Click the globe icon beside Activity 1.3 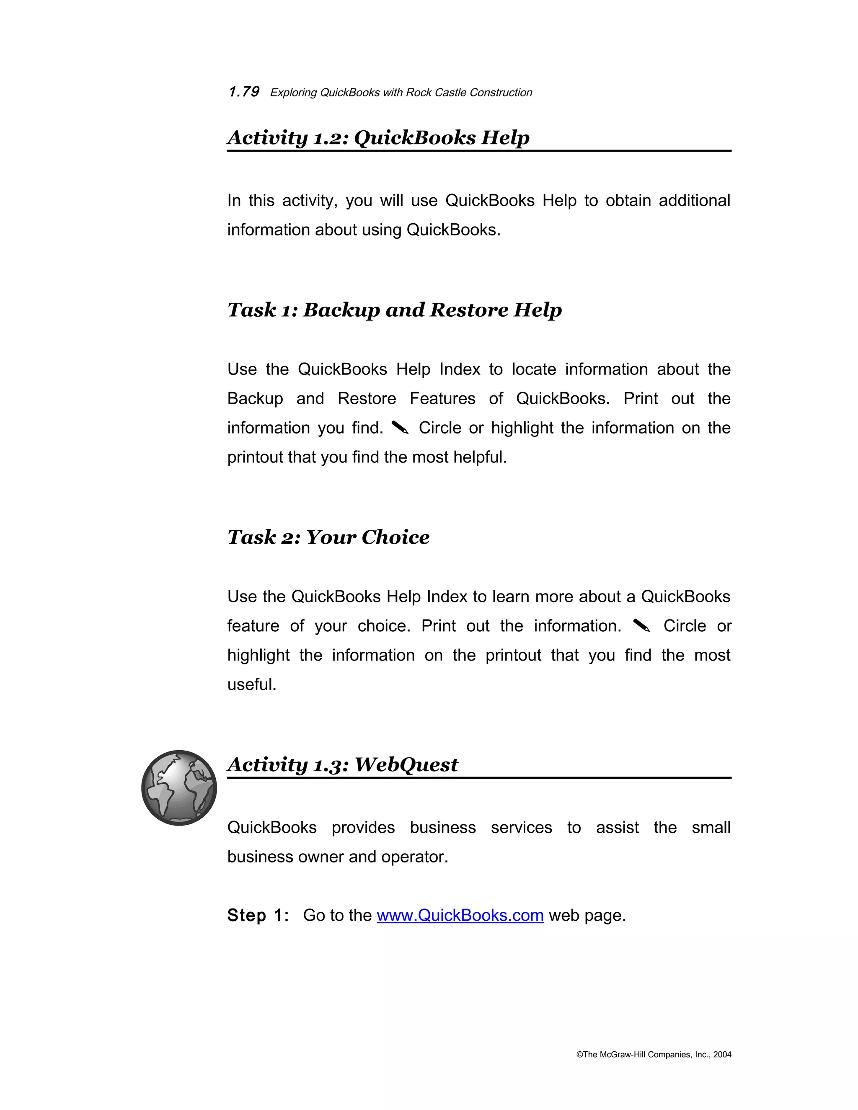[179, 788]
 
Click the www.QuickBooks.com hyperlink [460, 915]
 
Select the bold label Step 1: [258, 915]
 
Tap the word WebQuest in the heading [406, 764]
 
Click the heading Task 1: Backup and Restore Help [394, 310]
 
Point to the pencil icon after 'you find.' [401, 428]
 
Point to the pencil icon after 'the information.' [642, 626]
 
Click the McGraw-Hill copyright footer [654, 1055]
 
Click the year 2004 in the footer [722, 1055]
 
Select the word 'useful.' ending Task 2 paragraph [252, 684]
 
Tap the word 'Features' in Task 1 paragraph [442, 398]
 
